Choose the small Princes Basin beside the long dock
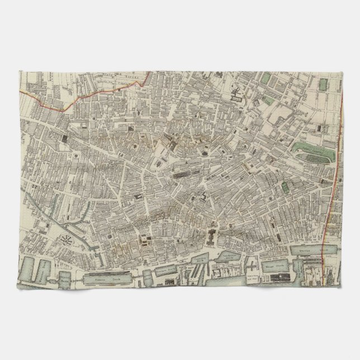(x=138, y=276)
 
